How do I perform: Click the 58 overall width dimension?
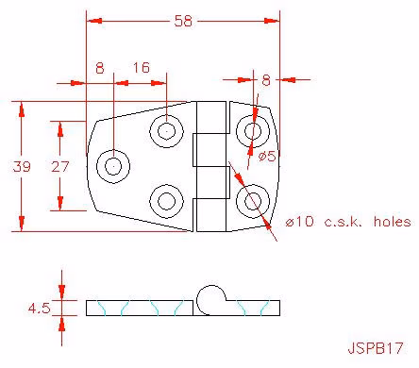click(183, 21)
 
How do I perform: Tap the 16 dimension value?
click(142, 68)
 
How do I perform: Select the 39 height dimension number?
click(22, 166)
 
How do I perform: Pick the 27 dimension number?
click(59, 166)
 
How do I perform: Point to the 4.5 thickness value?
click(39, 309)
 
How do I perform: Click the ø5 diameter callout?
click(267, 156)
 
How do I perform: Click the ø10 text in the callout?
click(299, 222)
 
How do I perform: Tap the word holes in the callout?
click(393, 222)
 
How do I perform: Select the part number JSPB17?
click(376, 348)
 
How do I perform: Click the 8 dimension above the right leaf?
click(266, 80)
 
